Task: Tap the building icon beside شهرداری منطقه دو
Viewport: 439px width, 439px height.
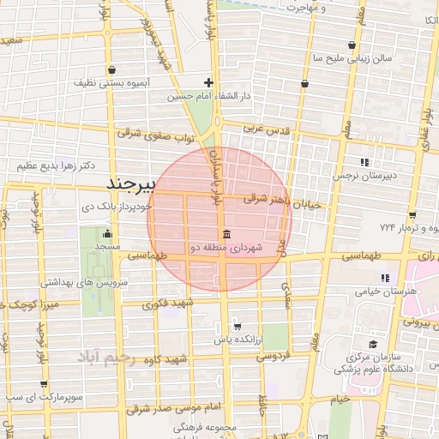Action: (x=226, y=235)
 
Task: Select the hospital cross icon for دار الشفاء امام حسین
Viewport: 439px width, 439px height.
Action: (x=208, y=83)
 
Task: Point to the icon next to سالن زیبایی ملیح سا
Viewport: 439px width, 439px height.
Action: (x=352, y=45)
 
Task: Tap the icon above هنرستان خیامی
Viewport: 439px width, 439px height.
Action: (x=385, y=278)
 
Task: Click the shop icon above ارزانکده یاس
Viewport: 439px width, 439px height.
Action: (x=237, y=326)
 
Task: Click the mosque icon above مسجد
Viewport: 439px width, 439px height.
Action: (x=107, y=233)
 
